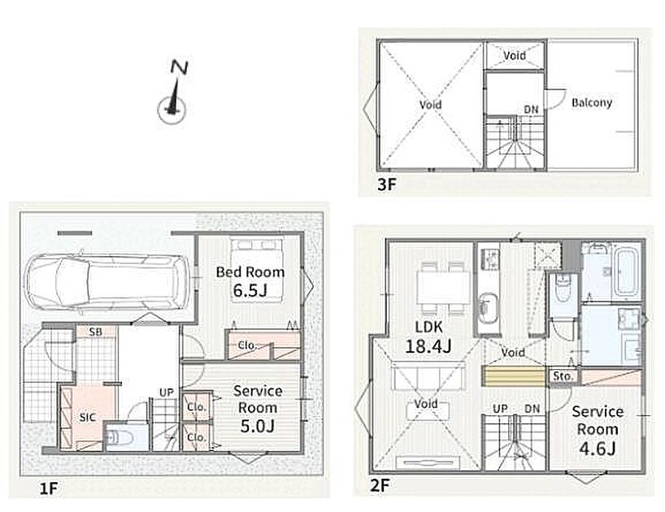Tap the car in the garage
108,282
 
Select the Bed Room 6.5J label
250,281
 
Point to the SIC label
87,418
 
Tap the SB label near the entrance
95,332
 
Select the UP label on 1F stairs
166,393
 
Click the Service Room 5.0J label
258,408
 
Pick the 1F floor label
48,488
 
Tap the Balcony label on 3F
592,102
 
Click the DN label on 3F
531,110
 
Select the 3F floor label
386,184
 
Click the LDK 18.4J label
428,337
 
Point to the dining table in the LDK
443,288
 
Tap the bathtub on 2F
627,271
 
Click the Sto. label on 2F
563,376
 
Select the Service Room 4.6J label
598,429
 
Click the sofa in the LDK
428,376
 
